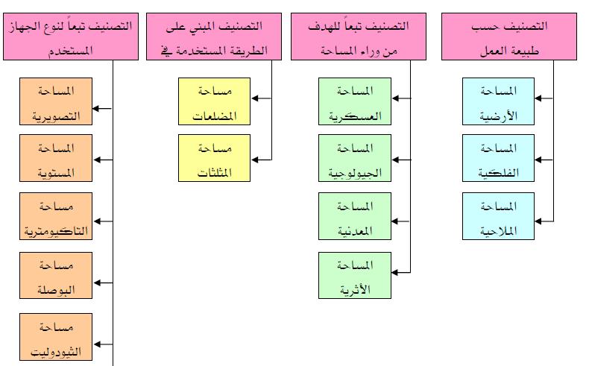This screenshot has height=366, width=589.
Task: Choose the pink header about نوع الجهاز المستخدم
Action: pos(71,36)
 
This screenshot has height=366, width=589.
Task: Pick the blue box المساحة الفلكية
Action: pos(499,158)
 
